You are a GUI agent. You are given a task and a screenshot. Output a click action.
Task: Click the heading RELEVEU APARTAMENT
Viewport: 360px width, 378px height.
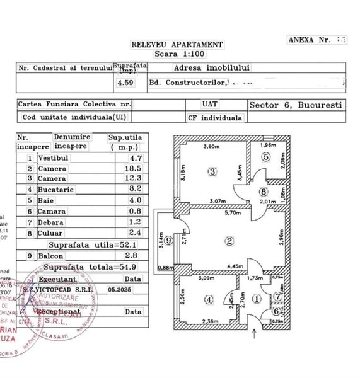176,45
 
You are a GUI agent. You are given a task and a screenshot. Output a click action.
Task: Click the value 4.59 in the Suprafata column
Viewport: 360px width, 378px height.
124,81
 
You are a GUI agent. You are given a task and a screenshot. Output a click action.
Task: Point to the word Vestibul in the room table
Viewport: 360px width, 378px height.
52,158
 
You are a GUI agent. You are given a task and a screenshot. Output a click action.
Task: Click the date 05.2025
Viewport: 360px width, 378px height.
134,289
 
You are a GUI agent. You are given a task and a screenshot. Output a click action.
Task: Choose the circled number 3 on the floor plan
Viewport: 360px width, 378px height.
213,171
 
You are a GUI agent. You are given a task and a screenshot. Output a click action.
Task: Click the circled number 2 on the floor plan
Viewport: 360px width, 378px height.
229,239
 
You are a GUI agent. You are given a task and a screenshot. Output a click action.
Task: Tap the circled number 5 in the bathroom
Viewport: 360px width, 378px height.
267,157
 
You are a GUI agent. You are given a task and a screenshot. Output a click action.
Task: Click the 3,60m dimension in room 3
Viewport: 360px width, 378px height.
209,147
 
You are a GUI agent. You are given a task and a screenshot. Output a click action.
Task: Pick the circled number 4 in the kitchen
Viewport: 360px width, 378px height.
209,300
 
